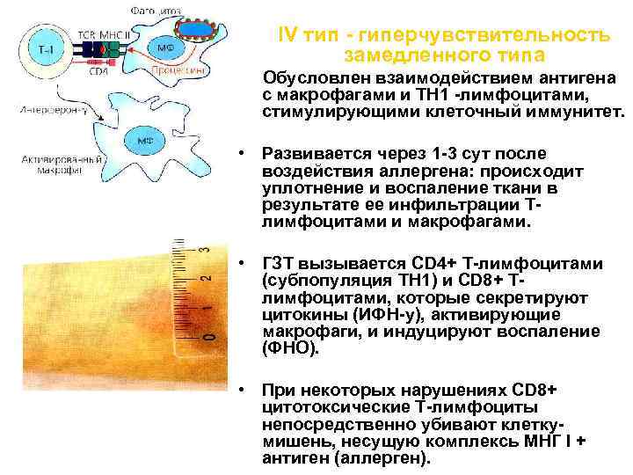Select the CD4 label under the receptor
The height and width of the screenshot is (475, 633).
click(98, 72)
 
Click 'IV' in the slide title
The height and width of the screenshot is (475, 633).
click(287, 34)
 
